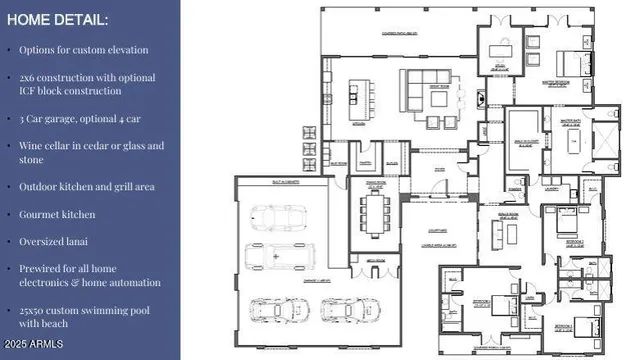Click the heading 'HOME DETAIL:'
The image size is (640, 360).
click(59, 20)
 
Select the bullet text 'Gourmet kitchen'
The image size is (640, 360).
click(55, 214)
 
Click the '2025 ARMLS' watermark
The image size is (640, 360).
click(33, 345)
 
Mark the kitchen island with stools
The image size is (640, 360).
click(353, 96)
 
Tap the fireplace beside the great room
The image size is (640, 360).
click(477, 100)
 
